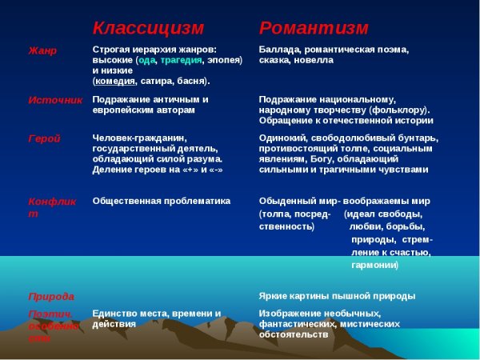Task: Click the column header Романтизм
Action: [x=314, y=29]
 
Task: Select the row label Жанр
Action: [x=42, y=50]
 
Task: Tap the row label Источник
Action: [x=55, y=100]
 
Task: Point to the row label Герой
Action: [x=44, y=138]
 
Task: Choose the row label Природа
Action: [x=51, y=296]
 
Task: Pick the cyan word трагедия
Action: [x=181, y=60]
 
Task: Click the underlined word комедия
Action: [x=115, y=81]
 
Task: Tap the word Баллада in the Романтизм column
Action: [x=280, y=50]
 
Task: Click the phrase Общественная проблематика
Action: [x=161, y=201]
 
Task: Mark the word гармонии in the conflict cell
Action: [x=374, y=265]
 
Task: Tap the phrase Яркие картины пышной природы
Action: [x=337, y=296]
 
